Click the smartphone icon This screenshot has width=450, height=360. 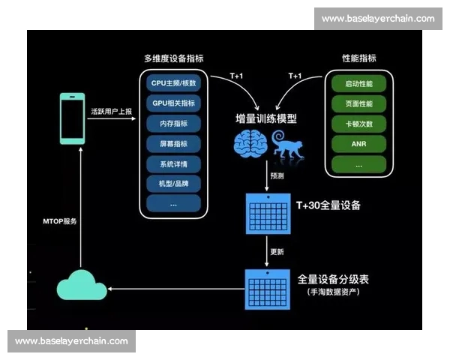73,118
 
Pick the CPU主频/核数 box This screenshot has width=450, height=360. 173,83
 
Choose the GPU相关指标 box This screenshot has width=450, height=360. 173,103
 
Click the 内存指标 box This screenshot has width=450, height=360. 173,123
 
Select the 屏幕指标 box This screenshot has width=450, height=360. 173,143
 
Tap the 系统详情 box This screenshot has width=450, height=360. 173,163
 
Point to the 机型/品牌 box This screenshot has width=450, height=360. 173,183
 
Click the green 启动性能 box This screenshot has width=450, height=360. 358,83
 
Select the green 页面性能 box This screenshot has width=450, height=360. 358,103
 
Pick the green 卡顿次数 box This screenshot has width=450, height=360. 358,124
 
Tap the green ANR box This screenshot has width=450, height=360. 358,143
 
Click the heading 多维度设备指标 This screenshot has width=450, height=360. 173,58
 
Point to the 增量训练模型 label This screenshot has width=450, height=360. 265,118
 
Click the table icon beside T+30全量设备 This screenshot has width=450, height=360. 268,214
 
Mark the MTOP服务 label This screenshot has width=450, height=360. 59,222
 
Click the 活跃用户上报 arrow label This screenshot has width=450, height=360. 111,111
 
